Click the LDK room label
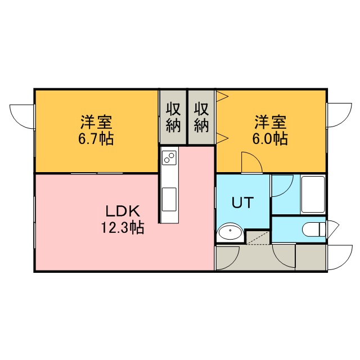pyautogui.click(x=123, y=211)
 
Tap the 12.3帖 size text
pyautogui.click(x=123, y=227)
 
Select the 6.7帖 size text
pyautogui.click(x=96, y=138)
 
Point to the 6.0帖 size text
pyautogui.click(x=270, y=138)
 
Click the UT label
pyautogui.click(x=242, y=202)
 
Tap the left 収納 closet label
pyautogui.click(x=173, y=118)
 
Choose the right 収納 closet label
pyautogui.click(x=201, y=118)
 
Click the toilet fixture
pyautogui.click(x=314, y=229)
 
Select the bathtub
pyautogui.click(x=313, y=195)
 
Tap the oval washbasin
pyautogui.click(x=229, y=232)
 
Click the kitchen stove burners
pyautogui.click(x=169, y=157)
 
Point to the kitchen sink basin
pyautogui.click(x=169, y=199)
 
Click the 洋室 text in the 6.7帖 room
pyautogui.click(x=96, y=122)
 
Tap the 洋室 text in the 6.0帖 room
pyautogui.click(x=270, y=122)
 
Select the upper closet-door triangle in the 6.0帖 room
pyautogui.click(x=222, y=96)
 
